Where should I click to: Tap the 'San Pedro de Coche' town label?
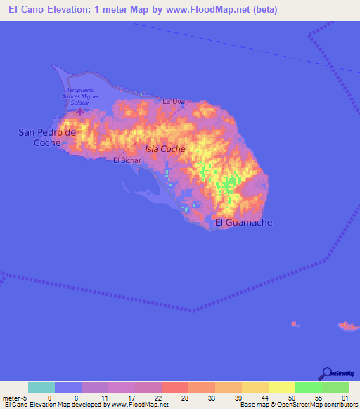click(x=47, y=137)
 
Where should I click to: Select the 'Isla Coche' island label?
click(x=165, y=149)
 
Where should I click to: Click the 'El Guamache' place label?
click(x=243, y=223)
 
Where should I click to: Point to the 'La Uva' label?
click(x=173, y=102)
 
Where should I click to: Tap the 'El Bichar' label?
click(x=128, y=160)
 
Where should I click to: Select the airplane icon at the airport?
click(x=80, y=111)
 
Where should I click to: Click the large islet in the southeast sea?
click(x=347, y=325)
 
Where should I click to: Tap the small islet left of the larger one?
click(x=294, y=324)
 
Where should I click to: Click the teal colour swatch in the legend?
click(x=41, y=387)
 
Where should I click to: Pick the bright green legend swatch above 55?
click(x=309, y=387)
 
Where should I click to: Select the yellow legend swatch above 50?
click(x=282, y=387)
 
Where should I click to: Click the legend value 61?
click(x=344, y=397)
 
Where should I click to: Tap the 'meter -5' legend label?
click(x=14, y=397)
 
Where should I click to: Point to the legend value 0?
click(x=49, y=397)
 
